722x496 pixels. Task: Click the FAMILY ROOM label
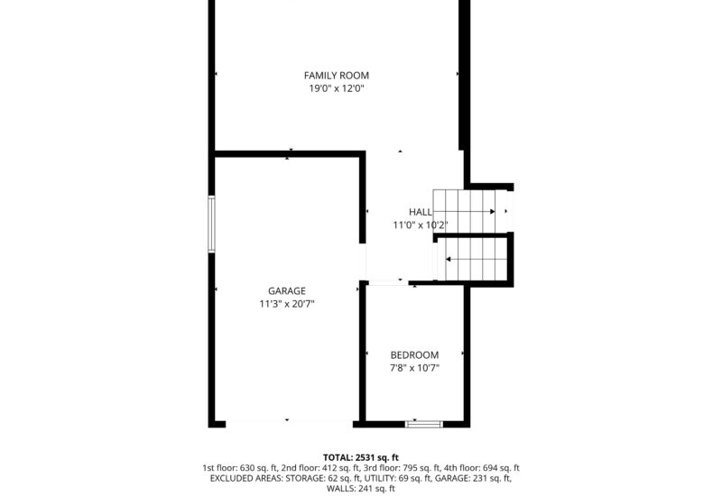[x=336, y=76]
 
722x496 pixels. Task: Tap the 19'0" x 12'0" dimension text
[x=336, y=88]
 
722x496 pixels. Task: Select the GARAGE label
[x=287, y=291]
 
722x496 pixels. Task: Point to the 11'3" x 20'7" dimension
[x=287, y=304]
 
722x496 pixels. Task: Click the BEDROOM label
[x=414, y=355]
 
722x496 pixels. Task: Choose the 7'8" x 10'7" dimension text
[x=414, y=368]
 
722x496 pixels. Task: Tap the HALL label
[x=421, y=212]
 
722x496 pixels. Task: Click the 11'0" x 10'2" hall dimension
[x=421, y=225]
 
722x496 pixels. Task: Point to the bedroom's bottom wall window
[x=424, y=421]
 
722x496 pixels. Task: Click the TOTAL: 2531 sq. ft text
[x=361, y=458]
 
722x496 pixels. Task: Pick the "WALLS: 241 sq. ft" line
[x=361, y=489]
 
